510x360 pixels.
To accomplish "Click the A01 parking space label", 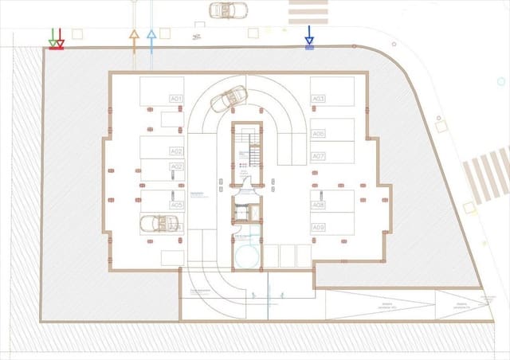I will (x=176, y=99).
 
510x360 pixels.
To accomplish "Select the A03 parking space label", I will (x=318, y=99).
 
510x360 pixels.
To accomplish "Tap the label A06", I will (x=318, y=134).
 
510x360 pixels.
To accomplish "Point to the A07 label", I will (x=318, y=155).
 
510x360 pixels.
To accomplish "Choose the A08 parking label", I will (x=318, y=205).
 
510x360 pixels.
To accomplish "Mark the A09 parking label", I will (x=318, y=228).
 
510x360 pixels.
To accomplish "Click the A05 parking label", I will (x=176, y=205).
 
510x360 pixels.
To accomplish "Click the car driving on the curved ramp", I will (x=226, y=100).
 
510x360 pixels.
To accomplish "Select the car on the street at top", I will (x=228, y=10).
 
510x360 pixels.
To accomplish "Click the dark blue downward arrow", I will (x=309, y=36).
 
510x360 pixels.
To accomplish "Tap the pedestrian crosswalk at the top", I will (x=308, y=11).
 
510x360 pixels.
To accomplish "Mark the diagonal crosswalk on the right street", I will (x=487, y=175).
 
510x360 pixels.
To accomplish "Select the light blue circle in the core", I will (x=247, y=254).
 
